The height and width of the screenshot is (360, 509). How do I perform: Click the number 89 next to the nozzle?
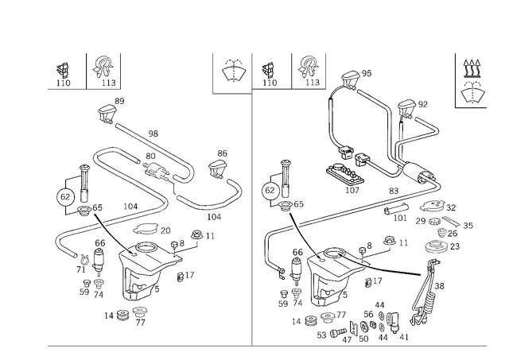tap(119, 101)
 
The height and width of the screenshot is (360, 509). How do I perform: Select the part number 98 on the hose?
tap(153, 134)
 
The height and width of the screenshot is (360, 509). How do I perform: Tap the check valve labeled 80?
tap(156, 169)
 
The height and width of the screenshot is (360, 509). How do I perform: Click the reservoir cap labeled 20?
tap(146, 230)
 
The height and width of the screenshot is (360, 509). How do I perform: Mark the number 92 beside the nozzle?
tap(423, 104)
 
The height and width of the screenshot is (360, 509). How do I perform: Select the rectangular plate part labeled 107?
tap(344, 174)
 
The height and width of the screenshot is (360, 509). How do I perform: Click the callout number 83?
tap(394, 191)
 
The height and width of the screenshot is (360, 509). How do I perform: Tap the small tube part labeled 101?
tap(395, 208)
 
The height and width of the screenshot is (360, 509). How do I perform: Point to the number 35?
tap(468, 226)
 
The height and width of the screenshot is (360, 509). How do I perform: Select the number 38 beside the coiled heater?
tap(439, 286)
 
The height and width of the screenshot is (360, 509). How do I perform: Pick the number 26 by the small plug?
tap(453, 234)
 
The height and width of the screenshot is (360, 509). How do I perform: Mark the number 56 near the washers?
tap(368, 314)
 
